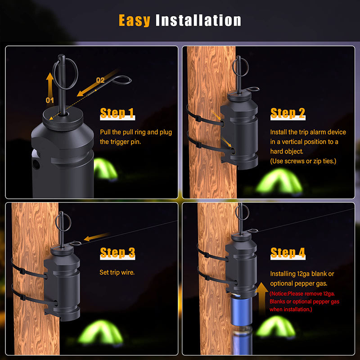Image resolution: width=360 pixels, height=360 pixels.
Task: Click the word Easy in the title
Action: (x=134, y=20)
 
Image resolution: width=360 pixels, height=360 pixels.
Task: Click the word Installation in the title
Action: (x=198, y=20)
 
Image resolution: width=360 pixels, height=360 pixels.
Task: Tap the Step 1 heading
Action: (x=117, y=113)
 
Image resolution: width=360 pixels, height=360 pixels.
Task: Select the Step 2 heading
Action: (x=288, y=113)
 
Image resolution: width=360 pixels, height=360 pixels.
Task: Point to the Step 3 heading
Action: (x=117, y=253)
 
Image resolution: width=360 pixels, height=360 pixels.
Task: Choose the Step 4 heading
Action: (x=288, y=253)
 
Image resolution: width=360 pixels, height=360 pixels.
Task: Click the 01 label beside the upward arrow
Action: (x=49, y=100)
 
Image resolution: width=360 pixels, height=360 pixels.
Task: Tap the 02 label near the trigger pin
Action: (x=100, y=80)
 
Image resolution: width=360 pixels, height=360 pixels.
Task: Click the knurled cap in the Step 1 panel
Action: (x=63, y=118)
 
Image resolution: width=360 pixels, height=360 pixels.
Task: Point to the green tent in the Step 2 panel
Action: (x=279, y=181)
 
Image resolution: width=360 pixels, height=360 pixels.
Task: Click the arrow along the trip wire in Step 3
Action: (x=97, y=237)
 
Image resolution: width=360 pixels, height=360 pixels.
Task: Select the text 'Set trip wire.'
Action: (x=117, y=272)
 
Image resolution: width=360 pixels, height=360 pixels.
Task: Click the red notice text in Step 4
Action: (x=304, y=301)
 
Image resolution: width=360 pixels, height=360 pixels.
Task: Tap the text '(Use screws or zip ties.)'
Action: (x=303, y=161)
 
